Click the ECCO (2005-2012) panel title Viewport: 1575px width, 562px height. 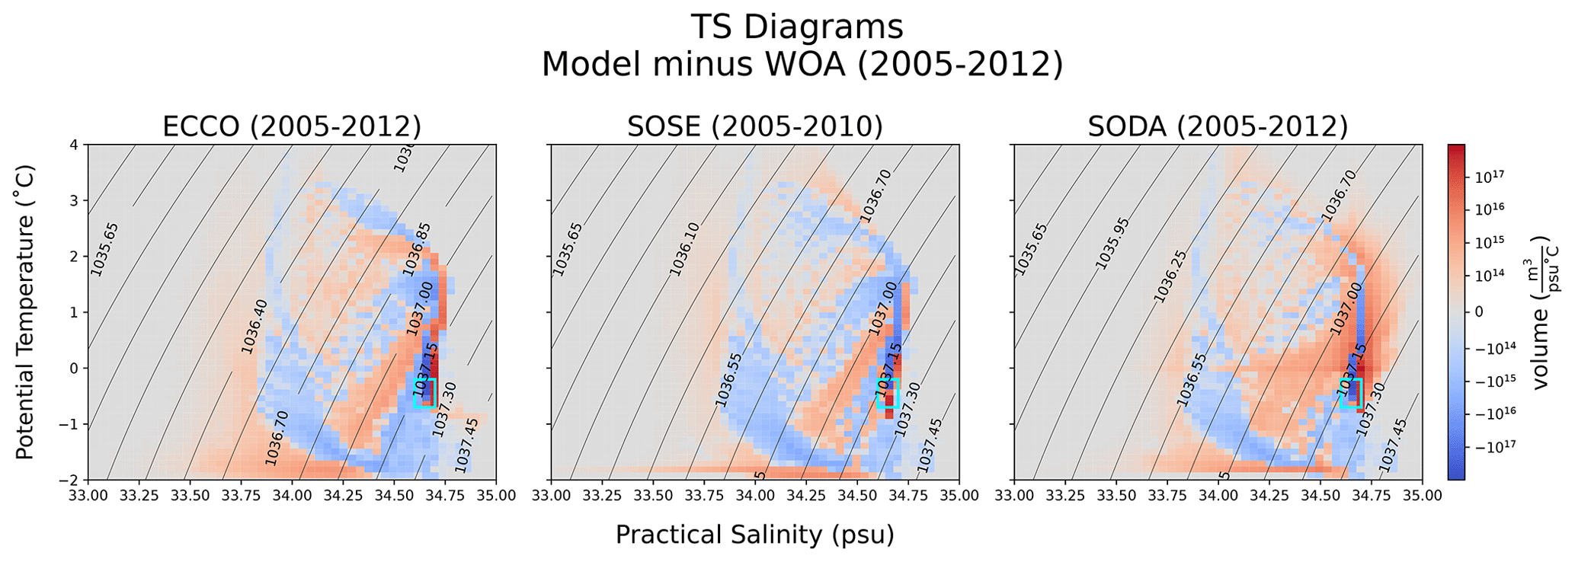292,126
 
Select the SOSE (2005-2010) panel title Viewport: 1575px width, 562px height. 754,126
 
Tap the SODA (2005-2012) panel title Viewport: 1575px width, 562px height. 1218,126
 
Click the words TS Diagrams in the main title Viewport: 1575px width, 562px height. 797,27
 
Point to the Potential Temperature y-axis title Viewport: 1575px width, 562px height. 25,312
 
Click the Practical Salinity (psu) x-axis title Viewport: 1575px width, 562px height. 754,535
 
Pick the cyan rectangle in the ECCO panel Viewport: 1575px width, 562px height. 424,393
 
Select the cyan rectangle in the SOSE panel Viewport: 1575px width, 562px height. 888,393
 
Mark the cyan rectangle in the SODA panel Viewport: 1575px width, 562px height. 1351,393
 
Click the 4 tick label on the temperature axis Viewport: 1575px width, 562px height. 75,145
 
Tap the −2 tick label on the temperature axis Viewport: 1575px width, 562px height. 71,480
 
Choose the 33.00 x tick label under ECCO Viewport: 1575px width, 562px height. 88,496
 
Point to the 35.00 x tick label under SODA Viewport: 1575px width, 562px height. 1422,496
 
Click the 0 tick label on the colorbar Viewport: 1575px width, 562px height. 1479,311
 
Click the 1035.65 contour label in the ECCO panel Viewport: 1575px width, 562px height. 104,248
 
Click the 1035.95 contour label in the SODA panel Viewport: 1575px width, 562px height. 1112,243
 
